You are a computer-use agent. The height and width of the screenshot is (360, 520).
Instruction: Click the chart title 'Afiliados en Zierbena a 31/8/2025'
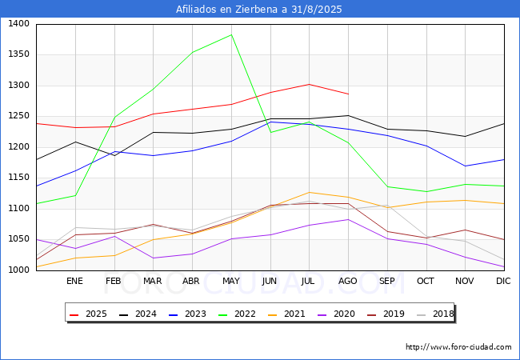258,10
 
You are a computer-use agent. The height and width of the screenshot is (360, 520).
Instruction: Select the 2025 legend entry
88,314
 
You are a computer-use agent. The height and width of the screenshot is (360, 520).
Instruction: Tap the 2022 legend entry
237,314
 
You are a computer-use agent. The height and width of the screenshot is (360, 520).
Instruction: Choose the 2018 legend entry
435,314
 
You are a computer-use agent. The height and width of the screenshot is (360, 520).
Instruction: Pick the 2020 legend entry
336,314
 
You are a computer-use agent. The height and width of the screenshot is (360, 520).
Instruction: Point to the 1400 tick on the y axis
19,24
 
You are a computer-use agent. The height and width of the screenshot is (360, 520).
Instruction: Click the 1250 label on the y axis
19,116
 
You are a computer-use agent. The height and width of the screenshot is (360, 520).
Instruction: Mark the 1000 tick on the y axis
19,270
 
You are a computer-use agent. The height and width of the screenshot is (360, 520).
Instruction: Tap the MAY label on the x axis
231,281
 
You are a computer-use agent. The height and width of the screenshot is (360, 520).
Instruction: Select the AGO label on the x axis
347,281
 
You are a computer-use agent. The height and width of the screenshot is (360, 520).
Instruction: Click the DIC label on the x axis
503,281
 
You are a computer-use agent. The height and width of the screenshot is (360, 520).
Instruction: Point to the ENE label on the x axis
75,281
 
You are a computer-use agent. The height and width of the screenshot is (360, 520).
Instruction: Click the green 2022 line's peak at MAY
231,35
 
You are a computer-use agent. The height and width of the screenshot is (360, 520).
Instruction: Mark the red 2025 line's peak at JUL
309,84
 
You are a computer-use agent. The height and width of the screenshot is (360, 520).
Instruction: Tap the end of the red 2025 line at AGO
348,94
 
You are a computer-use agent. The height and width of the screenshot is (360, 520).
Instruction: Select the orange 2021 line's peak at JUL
309,192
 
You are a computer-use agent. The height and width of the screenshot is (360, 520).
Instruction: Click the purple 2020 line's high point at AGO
348,219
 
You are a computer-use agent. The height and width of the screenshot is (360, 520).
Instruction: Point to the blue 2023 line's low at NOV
466,166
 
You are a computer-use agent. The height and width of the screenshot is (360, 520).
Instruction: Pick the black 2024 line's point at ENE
76,142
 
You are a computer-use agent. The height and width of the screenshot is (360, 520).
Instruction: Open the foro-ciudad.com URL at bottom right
458,347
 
